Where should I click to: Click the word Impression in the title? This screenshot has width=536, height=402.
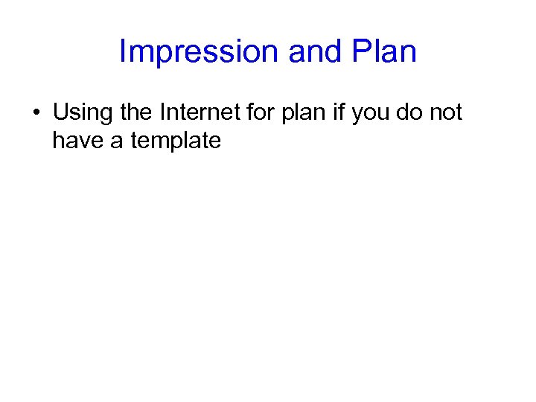point(198,52)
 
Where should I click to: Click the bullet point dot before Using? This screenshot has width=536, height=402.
point(36,114)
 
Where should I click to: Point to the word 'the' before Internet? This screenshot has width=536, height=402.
point(135,112)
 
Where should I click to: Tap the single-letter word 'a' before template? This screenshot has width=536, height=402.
point(116,141)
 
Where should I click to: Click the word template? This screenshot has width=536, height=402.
point(176,141)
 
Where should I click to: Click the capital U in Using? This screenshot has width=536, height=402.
point(60,112)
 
